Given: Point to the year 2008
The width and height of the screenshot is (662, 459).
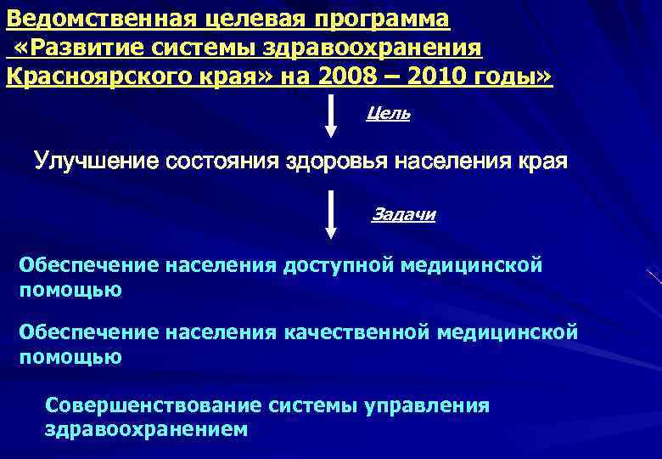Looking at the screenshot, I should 349,77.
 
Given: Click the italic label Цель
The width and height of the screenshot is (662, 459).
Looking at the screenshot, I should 388,114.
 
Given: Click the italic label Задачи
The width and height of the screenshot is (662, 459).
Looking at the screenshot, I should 403,214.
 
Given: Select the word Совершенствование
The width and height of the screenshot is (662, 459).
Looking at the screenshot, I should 154,405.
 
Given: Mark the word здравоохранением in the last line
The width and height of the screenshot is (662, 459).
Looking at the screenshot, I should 146,429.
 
